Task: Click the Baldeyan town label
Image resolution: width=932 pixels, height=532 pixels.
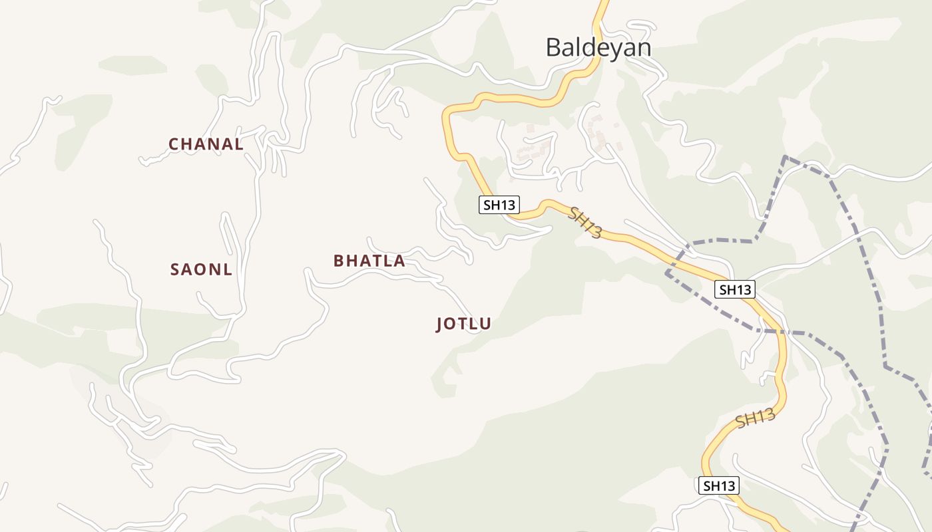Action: tap(598, 48)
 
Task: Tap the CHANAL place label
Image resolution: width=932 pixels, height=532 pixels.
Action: tap(206, 144)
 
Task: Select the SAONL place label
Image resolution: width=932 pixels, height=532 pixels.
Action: tap(201, 270)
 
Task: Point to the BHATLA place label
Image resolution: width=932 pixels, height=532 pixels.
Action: tap(369, 261)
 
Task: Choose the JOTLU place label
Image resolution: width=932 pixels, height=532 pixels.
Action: tap(463, 325)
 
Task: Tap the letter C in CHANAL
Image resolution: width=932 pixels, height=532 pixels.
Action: tap(174, 144)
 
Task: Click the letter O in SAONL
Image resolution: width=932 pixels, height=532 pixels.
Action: tap(201, 270)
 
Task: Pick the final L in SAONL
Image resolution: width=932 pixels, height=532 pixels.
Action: tap(228, 270)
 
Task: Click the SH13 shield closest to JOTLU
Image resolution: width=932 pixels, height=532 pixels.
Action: tap(499, 205)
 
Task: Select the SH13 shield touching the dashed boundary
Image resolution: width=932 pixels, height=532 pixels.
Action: tap(735, 289)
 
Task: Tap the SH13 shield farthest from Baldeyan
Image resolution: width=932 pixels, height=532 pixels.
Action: tap(719, 485)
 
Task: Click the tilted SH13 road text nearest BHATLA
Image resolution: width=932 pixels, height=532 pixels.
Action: tap(586, 222)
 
